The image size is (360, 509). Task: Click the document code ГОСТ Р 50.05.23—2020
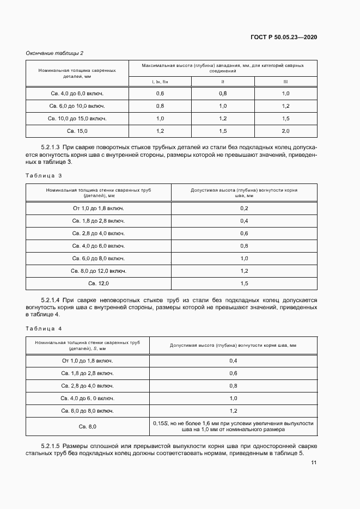[283, 37]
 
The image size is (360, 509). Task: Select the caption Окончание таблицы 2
[54, 53]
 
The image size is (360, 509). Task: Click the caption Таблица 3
[44, 175]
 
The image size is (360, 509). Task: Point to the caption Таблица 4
[44, 328]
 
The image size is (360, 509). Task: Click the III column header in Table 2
[285, 82]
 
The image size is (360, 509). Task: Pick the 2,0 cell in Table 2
[285, 131]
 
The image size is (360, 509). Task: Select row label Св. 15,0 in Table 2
[77, 131]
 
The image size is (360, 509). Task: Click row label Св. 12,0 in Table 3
[99, 284]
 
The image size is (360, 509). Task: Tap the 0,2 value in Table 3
[244, 208]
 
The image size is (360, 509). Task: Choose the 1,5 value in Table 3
[244, 284]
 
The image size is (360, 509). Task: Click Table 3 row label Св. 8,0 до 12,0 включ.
[99, 271]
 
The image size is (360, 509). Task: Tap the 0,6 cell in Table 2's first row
[160, 94]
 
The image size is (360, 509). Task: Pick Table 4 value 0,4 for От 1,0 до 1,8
[233, 360]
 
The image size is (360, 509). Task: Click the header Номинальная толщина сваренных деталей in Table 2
[77, 73]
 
